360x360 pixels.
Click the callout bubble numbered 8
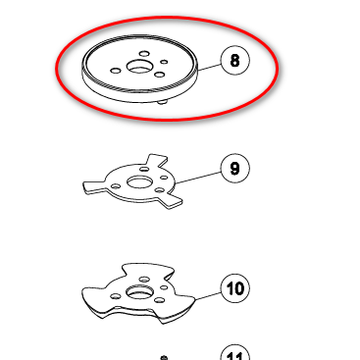235,61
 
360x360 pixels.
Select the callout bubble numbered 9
235,168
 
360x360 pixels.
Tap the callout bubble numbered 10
235,288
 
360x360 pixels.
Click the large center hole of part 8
139,67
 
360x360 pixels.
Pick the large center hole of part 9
139,182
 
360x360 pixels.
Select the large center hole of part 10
139,292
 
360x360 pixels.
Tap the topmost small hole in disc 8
144,54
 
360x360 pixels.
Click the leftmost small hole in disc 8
116,71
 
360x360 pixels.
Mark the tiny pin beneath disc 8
162,103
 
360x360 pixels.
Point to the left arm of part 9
95,187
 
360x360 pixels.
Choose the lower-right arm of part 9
170,200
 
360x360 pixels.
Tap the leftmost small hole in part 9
116,186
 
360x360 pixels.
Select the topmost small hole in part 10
144,280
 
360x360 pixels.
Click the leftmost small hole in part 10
116,296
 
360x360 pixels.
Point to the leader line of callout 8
210,67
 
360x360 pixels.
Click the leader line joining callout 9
198,178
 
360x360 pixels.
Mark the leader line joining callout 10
208,295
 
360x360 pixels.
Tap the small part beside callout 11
165,358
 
